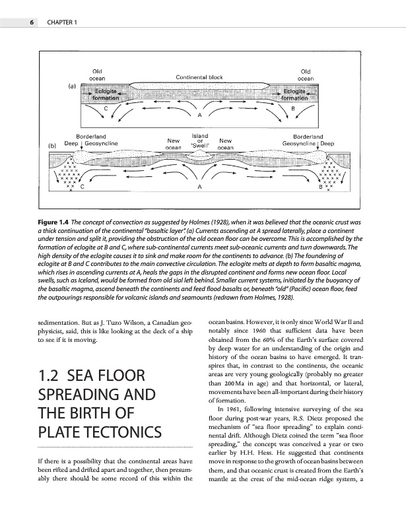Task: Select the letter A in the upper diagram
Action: [199, 115]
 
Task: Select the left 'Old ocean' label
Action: [97, 74]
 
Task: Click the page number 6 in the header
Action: [31, 24]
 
